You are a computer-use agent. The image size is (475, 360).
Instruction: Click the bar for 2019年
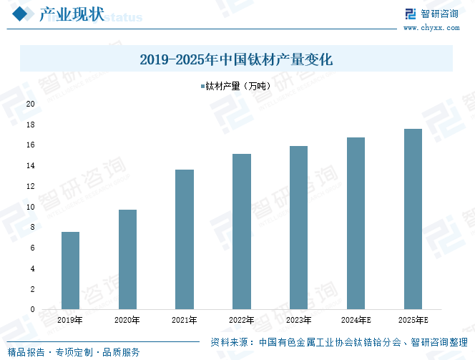click(70, 271)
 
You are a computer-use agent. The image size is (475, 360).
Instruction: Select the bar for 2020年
click(127, 259)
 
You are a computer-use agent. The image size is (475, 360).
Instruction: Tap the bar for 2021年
click(185, 239)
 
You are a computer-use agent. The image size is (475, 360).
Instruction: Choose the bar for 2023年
click(298, 228)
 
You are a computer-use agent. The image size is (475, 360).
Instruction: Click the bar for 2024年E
click(356, 223)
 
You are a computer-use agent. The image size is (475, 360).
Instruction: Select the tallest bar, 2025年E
click(413, 219)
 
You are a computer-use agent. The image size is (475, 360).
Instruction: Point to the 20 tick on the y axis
click(31, 104)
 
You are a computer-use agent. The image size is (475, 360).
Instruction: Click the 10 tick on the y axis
click(31, 207)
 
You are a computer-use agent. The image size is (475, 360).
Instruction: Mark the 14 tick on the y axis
click(31, 165)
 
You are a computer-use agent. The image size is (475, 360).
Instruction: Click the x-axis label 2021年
click(185, 320)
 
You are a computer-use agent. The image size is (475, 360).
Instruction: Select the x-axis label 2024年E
click(356, 320)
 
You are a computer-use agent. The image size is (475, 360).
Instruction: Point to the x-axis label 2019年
click(70, 320)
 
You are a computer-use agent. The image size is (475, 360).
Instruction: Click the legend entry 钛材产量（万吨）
click(238, 87)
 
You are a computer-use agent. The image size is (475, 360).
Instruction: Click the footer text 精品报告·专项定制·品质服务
click(74, 352)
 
